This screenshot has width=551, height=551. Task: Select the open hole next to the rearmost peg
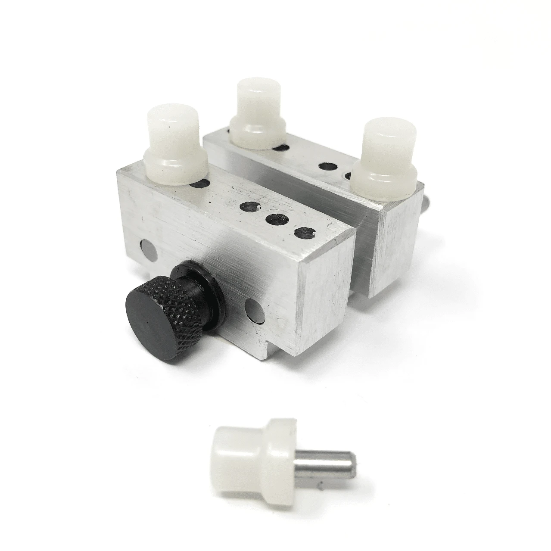click(280, 147)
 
